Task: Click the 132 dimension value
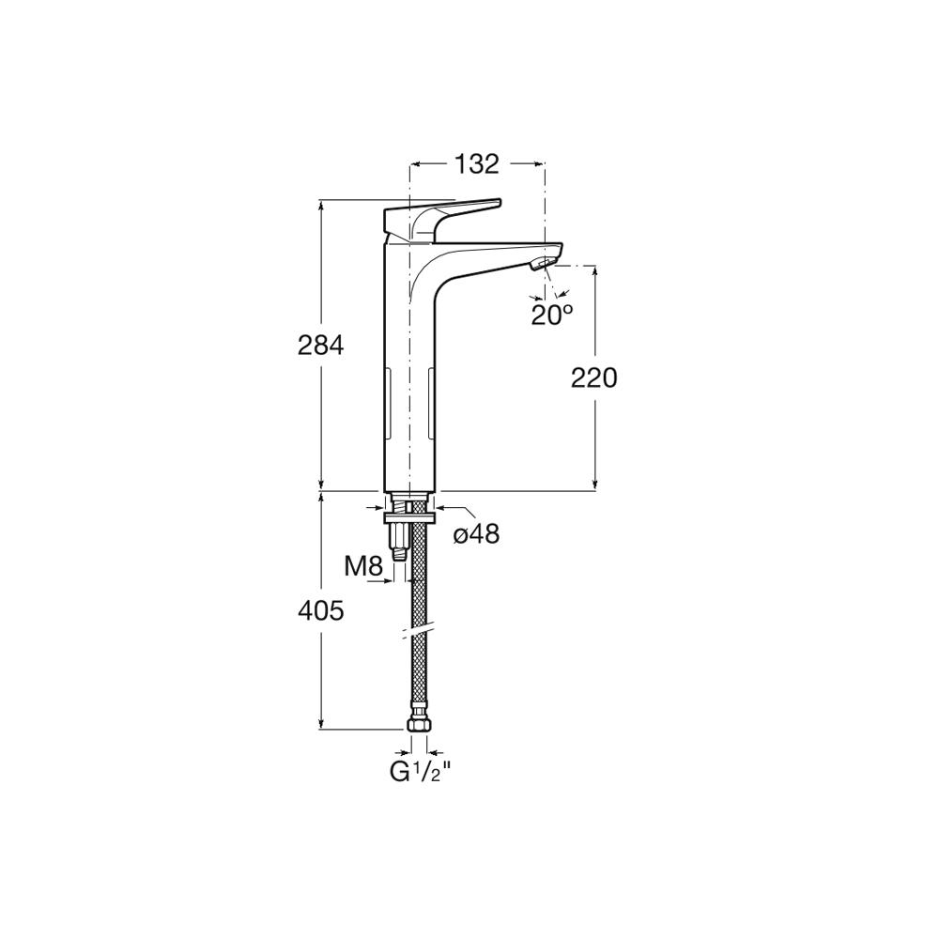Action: tap(477, 163)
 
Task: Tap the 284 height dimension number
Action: tap(321, 346)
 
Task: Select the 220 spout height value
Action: tap(594, 378)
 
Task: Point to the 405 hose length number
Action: tap(321, 611)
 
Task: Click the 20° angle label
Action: tap(551, 315)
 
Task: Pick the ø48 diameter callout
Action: tap(477, 533)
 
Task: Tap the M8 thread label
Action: tap(362, 566)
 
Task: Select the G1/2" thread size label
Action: tap(420, 772)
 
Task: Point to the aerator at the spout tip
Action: tap(543, 264)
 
